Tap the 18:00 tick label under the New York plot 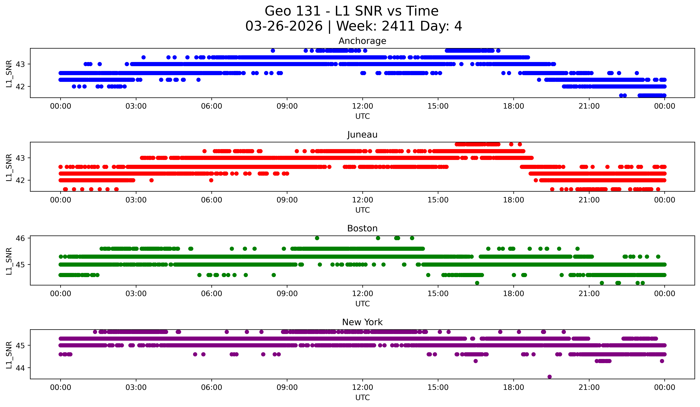pos(513,387)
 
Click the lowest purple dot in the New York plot pos(549,377)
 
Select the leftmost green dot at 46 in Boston pos(317,238)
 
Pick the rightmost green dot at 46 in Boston pos(412,238)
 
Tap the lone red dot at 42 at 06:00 pos(211,180)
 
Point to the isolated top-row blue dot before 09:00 pos(273,51)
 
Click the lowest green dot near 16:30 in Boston pos(477,283)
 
